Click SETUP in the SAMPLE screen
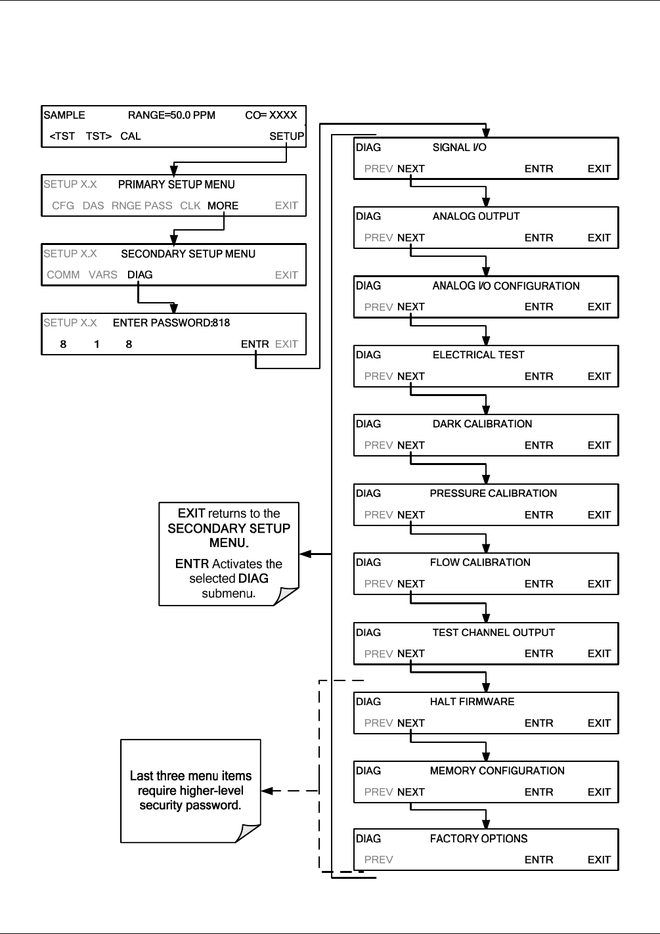[286, 137]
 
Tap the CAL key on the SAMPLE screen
[131, 137]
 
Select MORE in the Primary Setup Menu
[223, 206]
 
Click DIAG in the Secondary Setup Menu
[140, 275]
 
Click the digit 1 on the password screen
[97, 344]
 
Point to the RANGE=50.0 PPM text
[171, 115]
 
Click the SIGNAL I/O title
[460, 147]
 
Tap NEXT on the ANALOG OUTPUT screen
[410, 238]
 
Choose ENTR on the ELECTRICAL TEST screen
[539, 376]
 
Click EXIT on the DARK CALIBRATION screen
[599, 445]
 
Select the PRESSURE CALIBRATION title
[493, 493]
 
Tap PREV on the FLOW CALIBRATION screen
[378, 584]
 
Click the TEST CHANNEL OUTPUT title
[494, 633]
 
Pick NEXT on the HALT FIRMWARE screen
[410, 723]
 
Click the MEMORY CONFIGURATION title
[497, 770]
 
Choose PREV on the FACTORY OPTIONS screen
[378, 860]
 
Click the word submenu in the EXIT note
[229, 593]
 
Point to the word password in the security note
[213, 805]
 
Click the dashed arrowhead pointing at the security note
[267, 791]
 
